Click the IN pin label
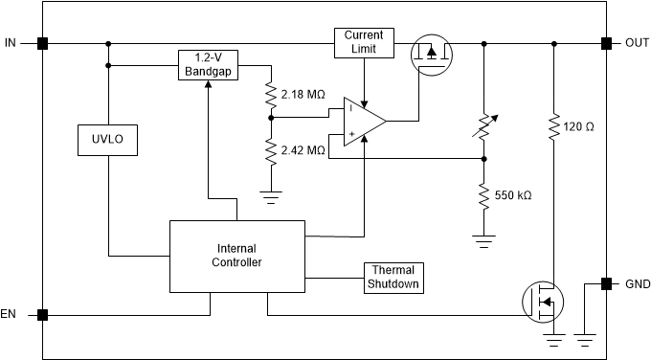click(x=11, y=43)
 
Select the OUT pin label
click(x=636, y=43)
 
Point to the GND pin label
click(x=636, y=283)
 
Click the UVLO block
click(x=107, y=142)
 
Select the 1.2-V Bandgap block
click(x=208, y=65)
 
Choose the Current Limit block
click(x=364, y=42)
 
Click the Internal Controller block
click(x=236, y=256)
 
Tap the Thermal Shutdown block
click(x=392, y=278)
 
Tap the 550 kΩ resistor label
click(x=513, y=195)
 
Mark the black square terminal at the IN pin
click(x=42, y=43)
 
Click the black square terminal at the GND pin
click(x=606, y=283)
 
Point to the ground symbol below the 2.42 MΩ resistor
click(x=272, y=196)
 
